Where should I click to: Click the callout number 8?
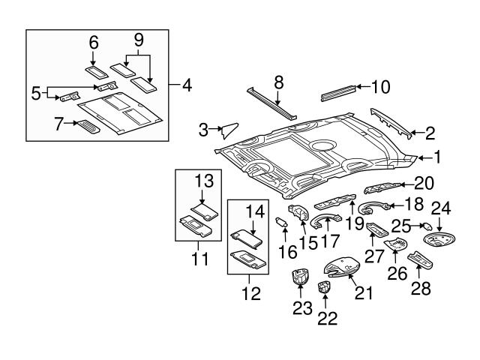click(x=278, y=82)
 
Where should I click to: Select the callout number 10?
click(x=380, y=87)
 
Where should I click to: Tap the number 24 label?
click(x=441, y=209)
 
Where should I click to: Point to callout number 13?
click(x=205, y=181)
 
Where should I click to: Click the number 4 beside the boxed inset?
click(x=187, y=85)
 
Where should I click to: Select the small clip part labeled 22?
click(x=324, y=286)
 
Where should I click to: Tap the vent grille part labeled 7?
click(x=88, y=125)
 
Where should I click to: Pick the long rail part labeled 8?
click(x=271, y=103)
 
